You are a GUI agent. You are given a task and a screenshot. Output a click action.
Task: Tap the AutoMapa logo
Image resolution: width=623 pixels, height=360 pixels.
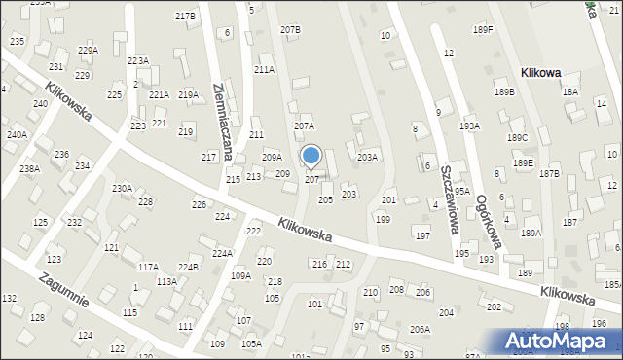pos(556,341)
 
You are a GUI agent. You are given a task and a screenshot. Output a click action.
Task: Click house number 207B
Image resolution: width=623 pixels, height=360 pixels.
pos(290,30)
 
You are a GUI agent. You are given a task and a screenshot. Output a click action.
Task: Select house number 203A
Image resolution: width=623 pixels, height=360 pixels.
pos(367,157)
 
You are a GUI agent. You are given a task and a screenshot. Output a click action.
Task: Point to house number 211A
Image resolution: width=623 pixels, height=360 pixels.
pos(264,70)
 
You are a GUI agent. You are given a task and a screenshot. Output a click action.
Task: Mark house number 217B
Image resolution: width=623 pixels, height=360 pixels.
pos(185,17)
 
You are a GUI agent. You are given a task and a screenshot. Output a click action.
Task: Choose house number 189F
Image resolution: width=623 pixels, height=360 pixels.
pos(483,30)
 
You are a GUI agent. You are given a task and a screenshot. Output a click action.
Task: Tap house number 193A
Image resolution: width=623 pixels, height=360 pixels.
pos(470,126)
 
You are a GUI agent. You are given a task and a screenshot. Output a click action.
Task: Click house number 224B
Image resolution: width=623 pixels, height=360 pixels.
pos(188,267)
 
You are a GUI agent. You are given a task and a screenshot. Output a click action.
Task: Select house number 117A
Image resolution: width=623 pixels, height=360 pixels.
pos(148,267)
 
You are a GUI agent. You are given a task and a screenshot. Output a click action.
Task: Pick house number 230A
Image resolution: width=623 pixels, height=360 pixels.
pos(122,188)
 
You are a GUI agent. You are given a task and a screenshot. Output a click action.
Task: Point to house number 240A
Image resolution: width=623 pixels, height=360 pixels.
pos(17,135)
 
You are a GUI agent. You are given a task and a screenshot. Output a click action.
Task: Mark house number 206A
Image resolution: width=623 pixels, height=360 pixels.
pos(420,329)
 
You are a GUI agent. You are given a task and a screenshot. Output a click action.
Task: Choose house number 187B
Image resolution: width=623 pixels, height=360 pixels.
pos(549,173)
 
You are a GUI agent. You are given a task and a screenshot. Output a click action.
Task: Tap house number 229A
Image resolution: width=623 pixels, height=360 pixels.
pos(88,50)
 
